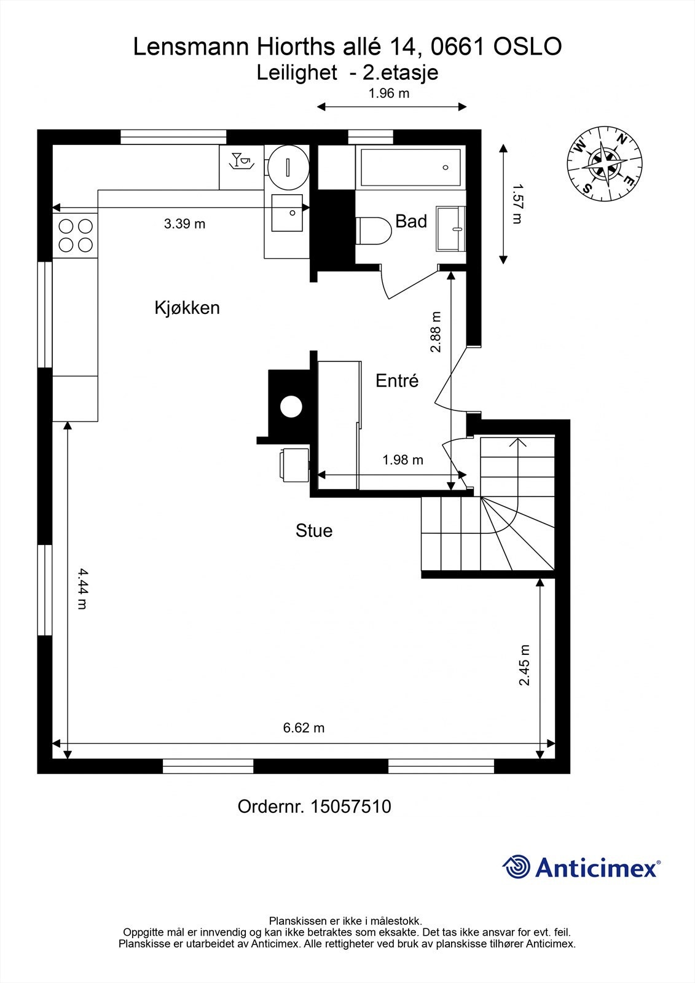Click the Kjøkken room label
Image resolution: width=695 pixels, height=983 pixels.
coord(187,308)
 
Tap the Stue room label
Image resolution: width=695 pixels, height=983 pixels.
coord(314,531)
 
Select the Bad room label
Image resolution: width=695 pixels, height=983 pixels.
coord(411,221)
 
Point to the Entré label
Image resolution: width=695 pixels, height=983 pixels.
coord(397,380)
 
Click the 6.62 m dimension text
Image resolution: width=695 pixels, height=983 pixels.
coord(304,727)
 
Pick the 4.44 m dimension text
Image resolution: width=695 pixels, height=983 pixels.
coord(82,589)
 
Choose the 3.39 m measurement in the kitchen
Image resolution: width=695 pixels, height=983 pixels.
coord(184,224)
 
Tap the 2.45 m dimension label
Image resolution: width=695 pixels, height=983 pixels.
coord(525,665)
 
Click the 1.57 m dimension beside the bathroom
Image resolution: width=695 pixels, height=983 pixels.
coord(518,203)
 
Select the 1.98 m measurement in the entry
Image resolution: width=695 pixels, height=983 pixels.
coord(402,460)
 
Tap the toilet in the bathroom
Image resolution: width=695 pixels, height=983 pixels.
coord(374,231)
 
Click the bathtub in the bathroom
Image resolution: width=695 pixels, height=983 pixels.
coord(410,167)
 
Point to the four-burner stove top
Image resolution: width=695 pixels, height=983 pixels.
coord(75,236)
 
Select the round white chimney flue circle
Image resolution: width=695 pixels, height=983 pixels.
coord(291,407)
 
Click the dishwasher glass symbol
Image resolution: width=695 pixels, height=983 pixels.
coord(242,160)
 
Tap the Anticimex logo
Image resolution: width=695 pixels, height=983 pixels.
coord(581,867)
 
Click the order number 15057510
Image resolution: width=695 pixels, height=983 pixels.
coord(351,807)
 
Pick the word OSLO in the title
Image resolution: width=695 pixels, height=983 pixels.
coord(527,47)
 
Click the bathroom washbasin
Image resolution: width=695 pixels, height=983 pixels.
coord(450,229)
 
